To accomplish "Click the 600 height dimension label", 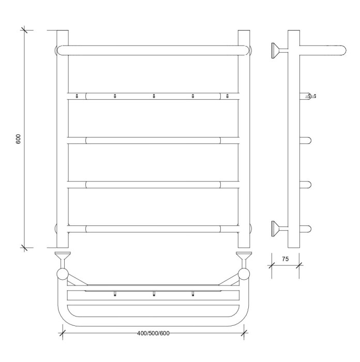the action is coord(18,139).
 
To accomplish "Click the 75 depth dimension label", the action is coord(285,259).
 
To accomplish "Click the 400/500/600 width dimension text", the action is coord(153,333).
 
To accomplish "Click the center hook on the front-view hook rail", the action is coord(154,96).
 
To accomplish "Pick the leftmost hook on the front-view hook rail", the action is coord(77,96).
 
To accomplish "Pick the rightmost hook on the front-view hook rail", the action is coord(228,96).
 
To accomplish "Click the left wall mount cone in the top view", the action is coord(63,257).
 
